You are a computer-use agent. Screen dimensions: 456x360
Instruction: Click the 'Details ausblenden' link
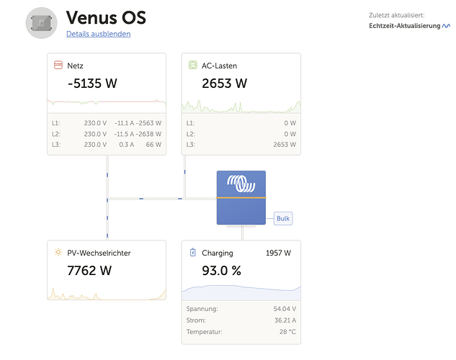tap(98, 34)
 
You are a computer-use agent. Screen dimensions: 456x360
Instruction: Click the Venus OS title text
tap(106, 18)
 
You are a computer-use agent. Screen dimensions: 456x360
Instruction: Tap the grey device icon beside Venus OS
tap(41, 23)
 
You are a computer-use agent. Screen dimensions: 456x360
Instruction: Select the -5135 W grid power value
tap(92, 84)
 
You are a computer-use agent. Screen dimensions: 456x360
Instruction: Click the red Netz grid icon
tap(58, 65)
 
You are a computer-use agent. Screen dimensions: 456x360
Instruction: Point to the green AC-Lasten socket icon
tap(193, 65)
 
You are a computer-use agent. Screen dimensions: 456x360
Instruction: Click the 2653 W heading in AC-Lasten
tap(225, 84)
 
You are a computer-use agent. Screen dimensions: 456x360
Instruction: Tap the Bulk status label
tap(283, 218)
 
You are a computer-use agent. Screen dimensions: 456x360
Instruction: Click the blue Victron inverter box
tap(241, 197)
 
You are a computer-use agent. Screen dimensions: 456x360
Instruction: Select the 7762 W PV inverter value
tap(89, 271)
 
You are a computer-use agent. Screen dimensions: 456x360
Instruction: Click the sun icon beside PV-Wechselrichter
tap(58, 252)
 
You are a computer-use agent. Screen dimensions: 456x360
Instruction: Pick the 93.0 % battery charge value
tap(222, 271)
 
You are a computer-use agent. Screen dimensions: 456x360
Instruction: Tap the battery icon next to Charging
tap(193, 252)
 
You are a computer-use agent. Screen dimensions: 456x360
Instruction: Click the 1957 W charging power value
tap(278, 253)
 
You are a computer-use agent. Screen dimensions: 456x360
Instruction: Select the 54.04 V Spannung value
tap(285, 309)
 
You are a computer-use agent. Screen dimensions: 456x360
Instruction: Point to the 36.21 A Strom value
tap(285, 320)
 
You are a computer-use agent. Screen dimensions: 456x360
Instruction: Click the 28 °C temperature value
tap(287, 332)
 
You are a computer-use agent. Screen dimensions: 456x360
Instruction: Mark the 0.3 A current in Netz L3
tap(127, 145)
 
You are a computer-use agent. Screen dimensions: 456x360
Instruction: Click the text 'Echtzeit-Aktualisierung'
tap(405, 26)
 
